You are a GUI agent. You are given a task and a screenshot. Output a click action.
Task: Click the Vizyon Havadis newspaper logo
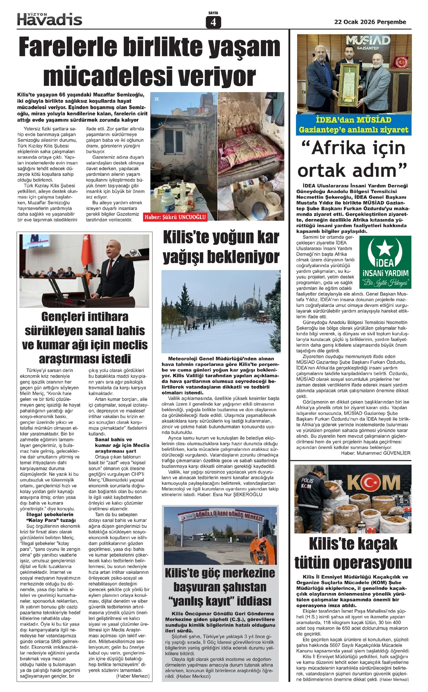click(50, 19)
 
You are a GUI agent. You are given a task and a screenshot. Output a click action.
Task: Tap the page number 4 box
click(213, 22)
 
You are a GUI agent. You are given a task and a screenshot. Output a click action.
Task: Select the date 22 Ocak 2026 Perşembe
click(370, 22)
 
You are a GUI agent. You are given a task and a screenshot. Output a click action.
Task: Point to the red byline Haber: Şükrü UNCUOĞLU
click(175, 217)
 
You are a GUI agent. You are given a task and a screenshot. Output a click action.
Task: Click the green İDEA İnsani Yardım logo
click(385, 262)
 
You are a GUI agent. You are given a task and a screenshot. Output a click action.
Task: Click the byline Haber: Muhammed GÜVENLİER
click(376, 453)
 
